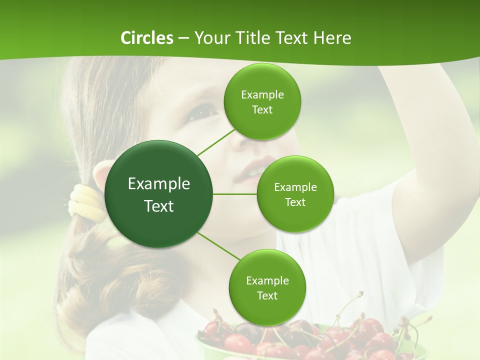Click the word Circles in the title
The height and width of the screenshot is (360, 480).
click(x=146, y=37)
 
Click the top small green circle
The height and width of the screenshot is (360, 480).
click(x=262, y=102)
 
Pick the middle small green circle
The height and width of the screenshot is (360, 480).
click(x=295, y=194)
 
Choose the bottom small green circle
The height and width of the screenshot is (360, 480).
click(x=267, y=287)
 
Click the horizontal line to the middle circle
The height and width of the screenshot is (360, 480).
click(x=235, y=194)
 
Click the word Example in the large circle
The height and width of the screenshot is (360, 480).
click(x=159, y=184)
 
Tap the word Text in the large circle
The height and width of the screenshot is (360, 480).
click(x=159, y=205)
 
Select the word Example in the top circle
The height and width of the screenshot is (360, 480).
click(x=262, y=95)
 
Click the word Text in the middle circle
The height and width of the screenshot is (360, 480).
click(x=295, y=202)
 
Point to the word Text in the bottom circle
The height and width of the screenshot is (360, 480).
click(x=267, y=295)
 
